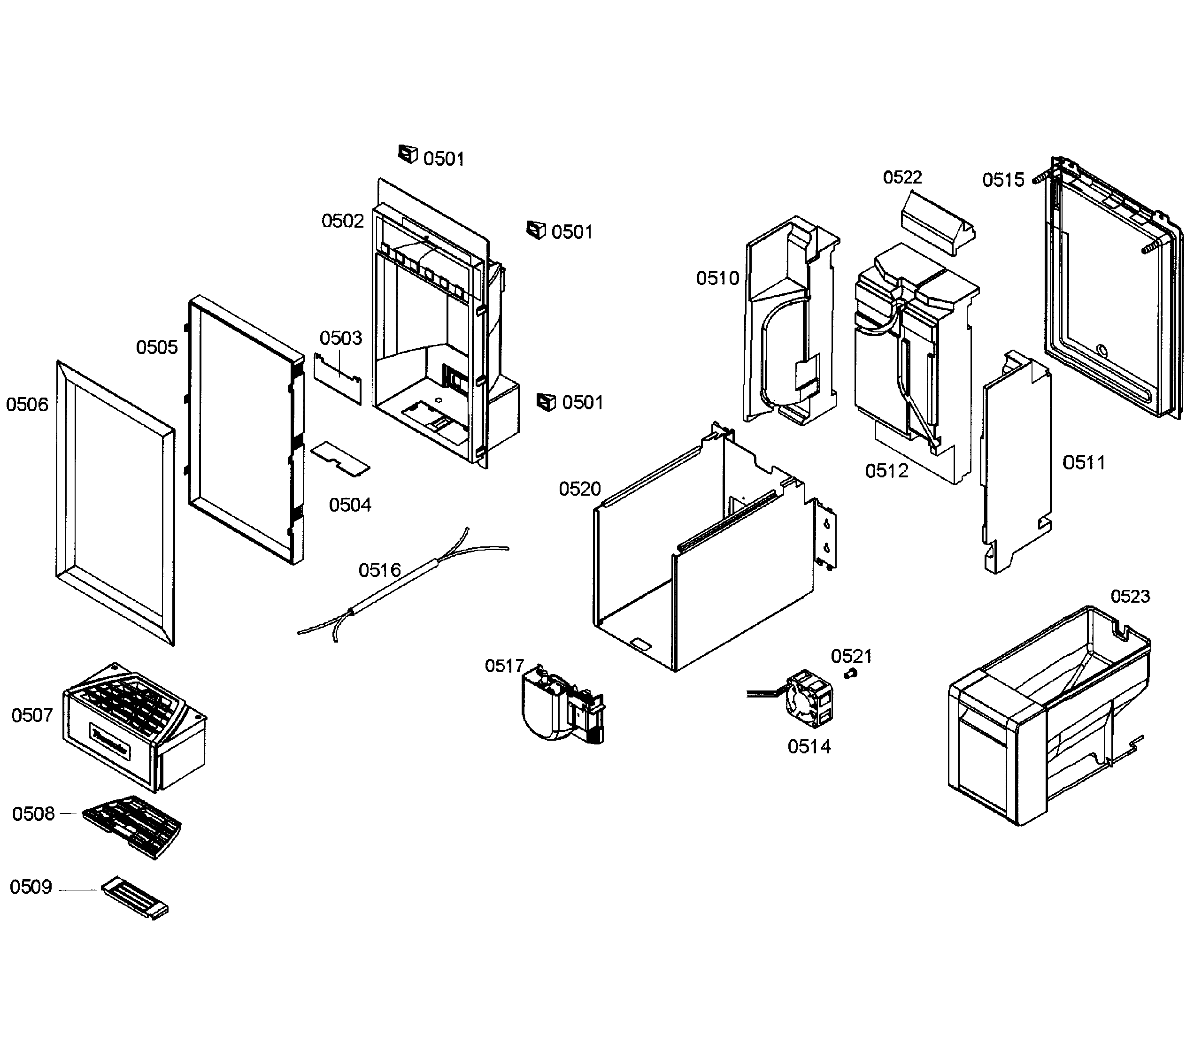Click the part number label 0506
pos(27,405)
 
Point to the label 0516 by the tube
pos(380,570)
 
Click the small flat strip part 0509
pos(135,898)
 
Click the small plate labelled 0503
pos(338,378)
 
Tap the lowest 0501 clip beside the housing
pos(546,402)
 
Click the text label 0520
pos(579,489)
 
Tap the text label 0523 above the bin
pos(1130,596)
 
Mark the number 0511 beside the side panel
pos(1084,463)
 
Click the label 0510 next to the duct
pos(717,278)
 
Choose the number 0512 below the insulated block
pos(887,471)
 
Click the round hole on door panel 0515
pos(1102,351)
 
